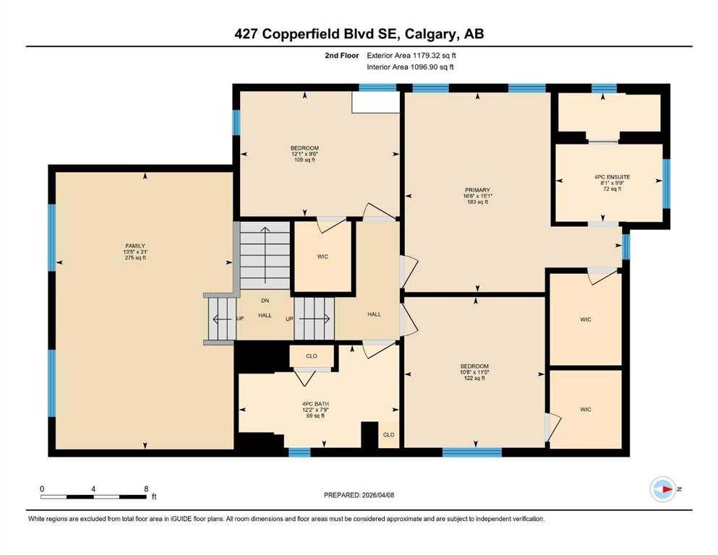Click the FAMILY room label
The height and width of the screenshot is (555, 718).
pos(135,246)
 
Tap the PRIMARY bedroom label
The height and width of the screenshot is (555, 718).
pos(478,190)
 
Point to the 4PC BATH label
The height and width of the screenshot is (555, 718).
pos(315,404)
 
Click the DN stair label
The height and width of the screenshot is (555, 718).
pos(265,301)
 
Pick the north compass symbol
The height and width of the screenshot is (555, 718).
pos(663,489)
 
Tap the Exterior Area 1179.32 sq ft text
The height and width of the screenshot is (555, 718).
pos(411,56)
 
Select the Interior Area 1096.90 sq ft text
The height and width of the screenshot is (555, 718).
pos(410,66)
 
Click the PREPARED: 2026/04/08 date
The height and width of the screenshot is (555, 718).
pos(359,495)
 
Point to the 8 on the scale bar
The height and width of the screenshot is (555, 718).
pos(147,489)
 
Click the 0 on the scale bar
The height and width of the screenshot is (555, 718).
pos(42,489)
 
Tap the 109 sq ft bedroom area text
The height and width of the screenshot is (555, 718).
pos(304,160)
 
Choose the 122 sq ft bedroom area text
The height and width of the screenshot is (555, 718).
pos(474,379)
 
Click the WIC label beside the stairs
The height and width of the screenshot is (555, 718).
pos(322,257)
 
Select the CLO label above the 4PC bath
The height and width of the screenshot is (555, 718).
pos(312,356)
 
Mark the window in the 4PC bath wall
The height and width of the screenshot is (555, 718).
pos(299,452)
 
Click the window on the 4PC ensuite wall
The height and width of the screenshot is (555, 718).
pos(667,184)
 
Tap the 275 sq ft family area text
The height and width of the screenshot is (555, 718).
pos(135,257)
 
